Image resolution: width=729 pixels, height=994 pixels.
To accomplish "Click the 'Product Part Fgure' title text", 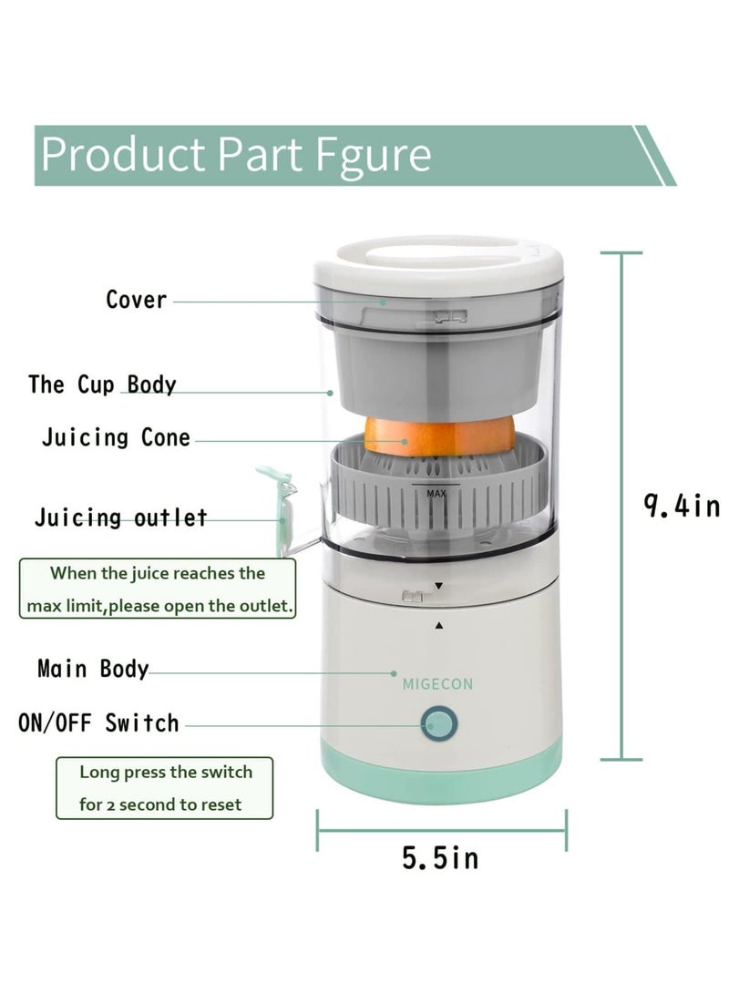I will tap(235, 154).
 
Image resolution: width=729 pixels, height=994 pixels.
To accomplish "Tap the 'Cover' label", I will tap(137, 300).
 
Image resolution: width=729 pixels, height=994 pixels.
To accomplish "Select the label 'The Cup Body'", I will tap(102, 384).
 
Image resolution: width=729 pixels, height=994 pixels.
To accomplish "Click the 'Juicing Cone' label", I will tap(116, 437).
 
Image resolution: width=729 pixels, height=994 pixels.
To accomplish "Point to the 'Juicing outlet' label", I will tap(121, 518).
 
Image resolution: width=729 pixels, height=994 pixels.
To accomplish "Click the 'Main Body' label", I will tap(93, 669).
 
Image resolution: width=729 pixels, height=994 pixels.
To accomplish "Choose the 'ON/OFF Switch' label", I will tap(99, 723).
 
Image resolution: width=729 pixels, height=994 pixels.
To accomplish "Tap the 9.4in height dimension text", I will tap(682, 507).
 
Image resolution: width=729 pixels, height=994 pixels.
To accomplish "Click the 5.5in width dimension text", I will tap(439, 856).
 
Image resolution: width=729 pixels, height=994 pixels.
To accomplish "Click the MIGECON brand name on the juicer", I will tap(437, 683).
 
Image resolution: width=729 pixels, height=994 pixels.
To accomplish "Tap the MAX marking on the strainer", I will tap(436, 492).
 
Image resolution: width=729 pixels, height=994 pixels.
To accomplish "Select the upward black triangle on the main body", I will tap(439, 626).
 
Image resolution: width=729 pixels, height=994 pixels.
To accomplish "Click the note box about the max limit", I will tap(158, 589).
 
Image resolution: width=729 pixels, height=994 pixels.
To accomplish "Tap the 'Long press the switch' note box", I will tap(165, 788).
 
